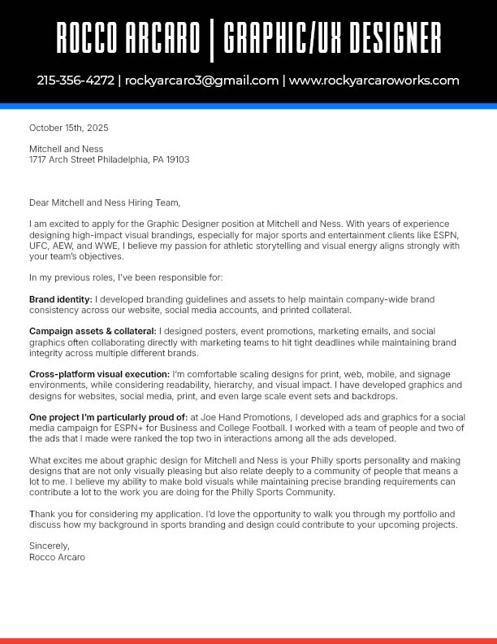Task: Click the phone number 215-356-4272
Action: (x=76, y=80)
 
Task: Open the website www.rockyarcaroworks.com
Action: (x=374, y=80)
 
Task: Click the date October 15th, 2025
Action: (x=68, y=128)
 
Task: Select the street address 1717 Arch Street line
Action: (x=109, y=159)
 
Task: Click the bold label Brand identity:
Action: (x=61, y=299)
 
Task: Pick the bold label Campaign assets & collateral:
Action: (x=93, y=331)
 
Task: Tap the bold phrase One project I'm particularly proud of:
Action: (x=108, y=417)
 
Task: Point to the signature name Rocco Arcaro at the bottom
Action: (x=57, y=558)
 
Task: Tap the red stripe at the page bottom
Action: (x=248, y=641)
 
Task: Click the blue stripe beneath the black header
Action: (x=248, y=106)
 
